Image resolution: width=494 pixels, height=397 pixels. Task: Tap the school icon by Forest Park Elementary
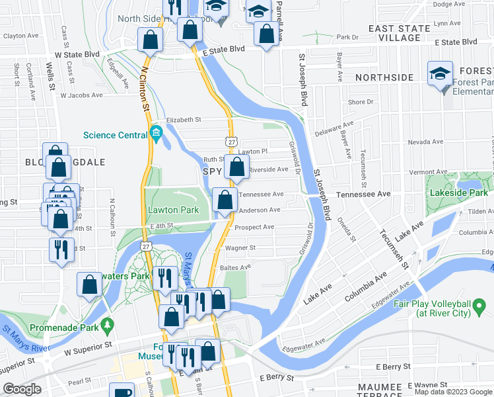pos(439,75)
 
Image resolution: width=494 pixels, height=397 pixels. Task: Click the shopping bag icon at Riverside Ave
pos(236,168)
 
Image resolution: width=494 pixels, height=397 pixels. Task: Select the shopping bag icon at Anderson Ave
pos(225,200)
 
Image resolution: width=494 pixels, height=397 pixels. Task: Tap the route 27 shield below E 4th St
pos(147,245)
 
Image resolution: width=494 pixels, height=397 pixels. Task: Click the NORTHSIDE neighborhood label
pos(384,77)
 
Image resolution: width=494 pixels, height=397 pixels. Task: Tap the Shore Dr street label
pos(361,103)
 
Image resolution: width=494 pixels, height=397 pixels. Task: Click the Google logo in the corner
pos(23,389)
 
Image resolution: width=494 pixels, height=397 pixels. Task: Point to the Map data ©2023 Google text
pos(453,392)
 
